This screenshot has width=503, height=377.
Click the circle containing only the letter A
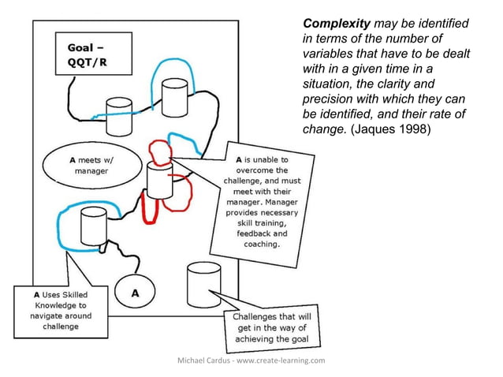pyautogui.click(x=135, y=292)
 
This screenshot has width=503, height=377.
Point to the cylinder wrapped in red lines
pyautogui.click(x=158, y=180)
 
